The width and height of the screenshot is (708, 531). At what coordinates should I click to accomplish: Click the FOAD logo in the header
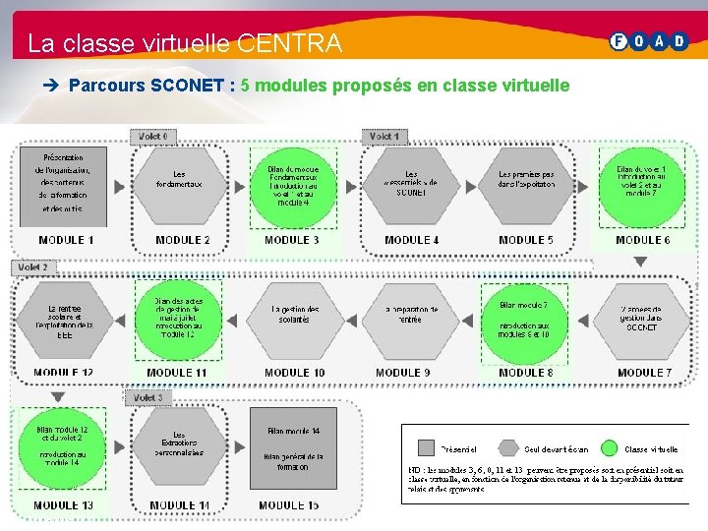tap(649, 41)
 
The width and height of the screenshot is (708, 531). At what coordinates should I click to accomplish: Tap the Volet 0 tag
tap(153, 136)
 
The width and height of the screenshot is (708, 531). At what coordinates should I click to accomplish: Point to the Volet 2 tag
tap(34, 266)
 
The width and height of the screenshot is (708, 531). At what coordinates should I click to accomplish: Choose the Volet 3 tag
tap(147, 397)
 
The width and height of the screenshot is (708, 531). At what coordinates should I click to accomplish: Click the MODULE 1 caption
tap(66, 240)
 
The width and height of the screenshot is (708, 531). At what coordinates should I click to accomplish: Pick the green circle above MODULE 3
tap(293, 187)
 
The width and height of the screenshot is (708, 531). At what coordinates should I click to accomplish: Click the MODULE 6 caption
tap(643, 240)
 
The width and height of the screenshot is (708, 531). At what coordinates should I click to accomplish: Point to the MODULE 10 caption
tap(294, 373)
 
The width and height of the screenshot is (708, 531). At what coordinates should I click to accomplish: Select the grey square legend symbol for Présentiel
tap(426, 447)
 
